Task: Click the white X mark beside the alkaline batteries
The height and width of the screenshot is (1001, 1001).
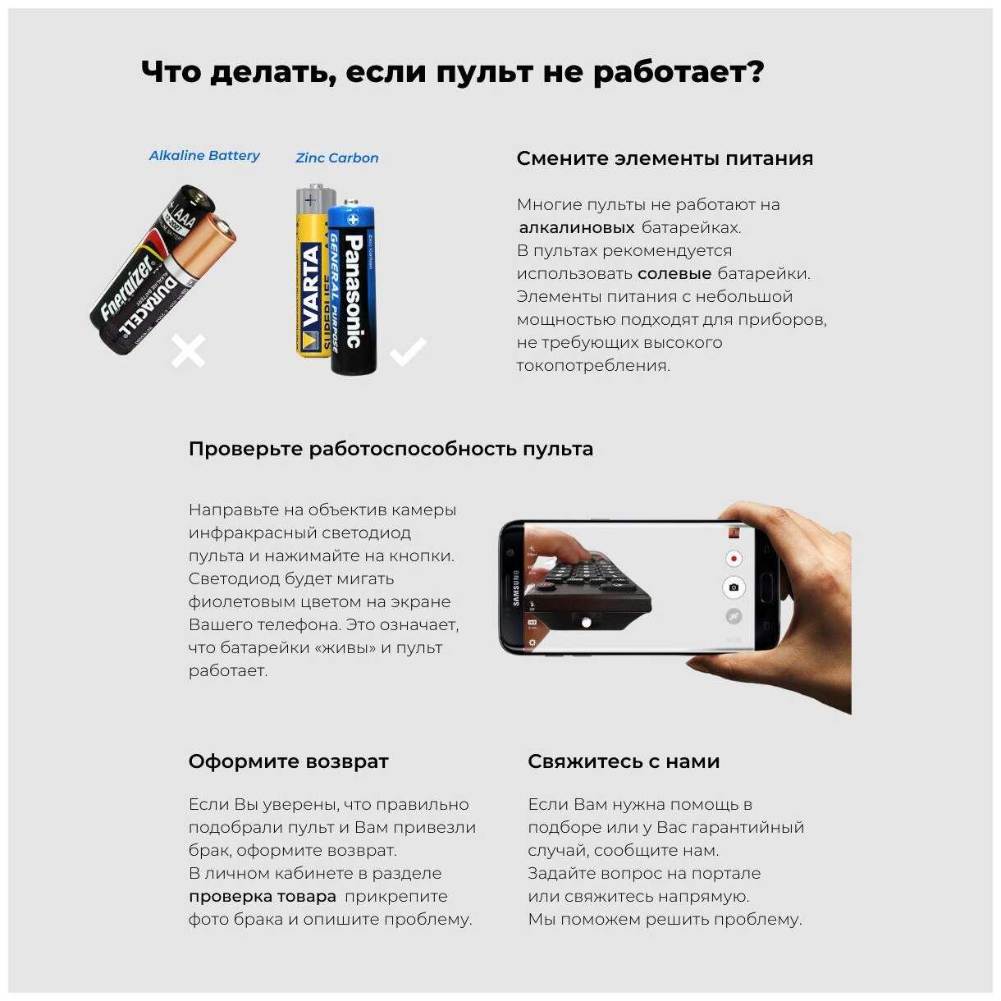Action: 188,351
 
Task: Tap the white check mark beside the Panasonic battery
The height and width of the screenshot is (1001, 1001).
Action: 409,351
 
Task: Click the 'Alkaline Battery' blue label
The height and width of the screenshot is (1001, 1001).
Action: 204,156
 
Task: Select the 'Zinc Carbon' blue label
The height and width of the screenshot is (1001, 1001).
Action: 336,158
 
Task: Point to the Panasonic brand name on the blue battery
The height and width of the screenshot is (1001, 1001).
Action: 354,291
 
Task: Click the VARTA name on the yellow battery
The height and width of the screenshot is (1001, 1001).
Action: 311,287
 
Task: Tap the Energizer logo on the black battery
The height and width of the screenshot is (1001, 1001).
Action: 127,287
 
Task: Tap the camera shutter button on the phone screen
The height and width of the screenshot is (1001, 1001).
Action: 734,587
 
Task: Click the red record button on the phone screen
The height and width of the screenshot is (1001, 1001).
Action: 734,559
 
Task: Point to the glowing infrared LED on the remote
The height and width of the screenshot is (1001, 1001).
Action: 587,622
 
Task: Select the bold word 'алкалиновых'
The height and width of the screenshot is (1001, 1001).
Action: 577,227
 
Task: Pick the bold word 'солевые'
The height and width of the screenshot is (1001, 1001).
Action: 674,273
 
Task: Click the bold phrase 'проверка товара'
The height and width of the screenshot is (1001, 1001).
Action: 263,897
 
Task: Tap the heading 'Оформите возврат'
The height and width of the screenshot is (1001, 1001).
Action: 288,761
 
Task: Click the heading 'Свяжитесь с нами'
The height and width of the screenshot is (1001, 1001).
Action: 624,761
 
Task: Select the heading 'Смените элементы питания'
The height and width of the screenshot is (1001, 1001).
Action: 665,158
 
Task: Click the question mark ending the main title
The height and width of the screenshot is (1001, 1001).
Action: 755,70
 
